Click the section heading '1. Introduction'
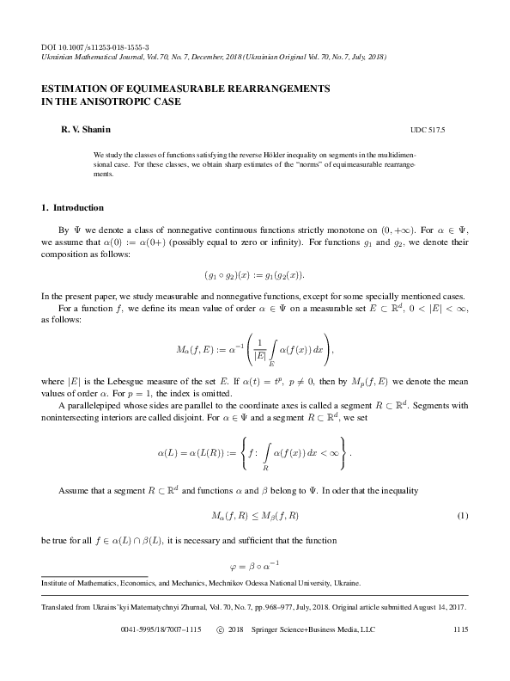click(73, 208)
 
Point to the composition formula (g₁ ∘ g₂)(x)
click(254, 274)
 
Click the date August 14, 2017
click(438, 607)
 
